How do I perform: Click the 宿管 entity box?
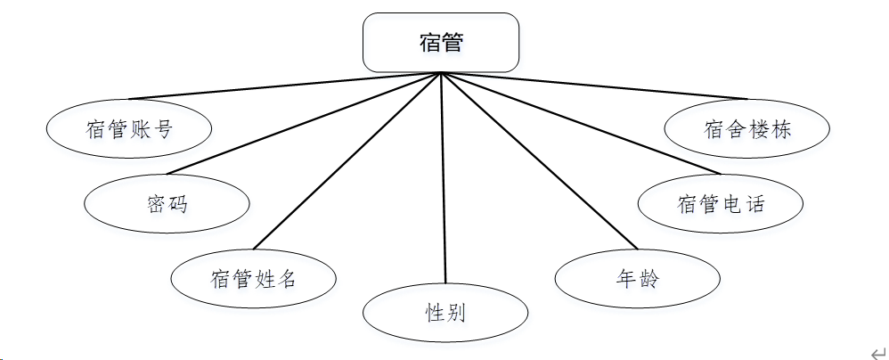(441, 42)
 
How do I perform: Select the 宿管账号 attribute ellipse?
(129, 128)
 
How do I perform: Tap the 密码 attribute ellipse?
(167, 203)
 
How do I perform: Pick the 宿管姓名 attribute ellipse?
(253, 278)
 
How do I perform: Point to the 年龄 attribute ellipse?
(637, 278)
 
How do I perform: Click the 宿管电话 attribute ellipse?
(720, 203)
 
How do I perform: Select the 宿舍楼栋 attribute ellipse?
(746, 128)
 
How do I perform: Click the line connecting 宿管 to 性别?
(443, 178)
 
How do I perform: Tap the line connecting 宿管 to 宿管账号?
(285, 86)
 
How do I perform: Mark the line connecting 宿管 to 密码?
(303, 124)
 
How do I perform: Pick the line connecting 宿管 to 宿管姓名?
(347, 161)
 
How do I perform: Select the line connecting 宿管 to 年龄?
(539, 161)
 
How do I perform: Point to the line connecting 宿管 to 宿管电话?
(579, 124)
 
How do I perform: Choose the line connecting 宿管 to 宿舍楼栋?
(593, 86)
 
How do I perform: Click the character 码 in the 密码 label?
(177, 204)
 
